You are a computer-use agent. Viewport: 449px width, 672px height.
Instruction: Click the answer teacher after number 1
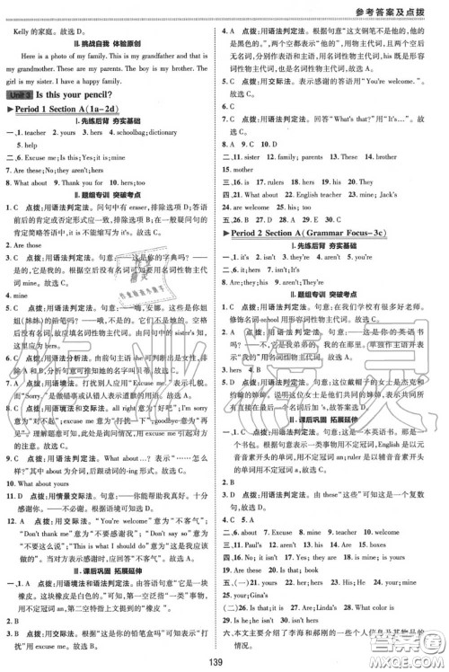[x=40, y=131]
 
